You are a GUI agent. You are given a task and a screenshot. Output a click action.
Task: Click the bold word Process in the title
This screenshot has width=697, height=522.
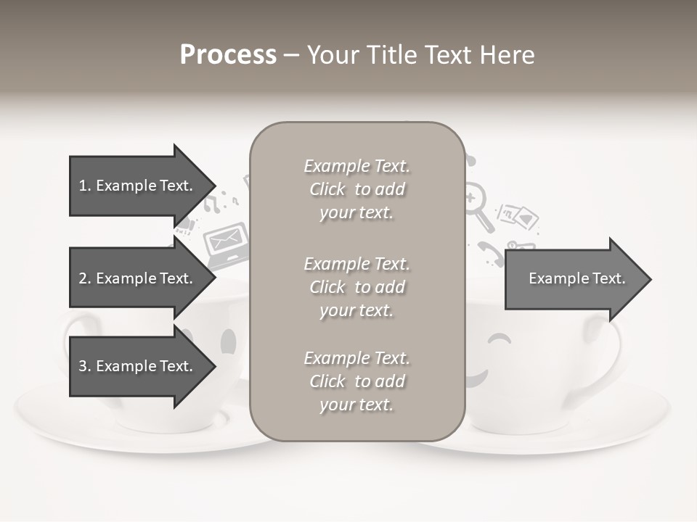coord(228,55)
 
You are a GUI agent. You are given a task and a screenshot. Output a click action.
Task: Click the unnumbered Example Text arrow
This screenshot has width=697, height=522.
coord(576,278)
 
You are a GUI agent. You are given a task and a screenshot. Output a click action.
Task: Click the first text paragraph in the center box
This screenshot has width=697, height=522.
coord(356,189)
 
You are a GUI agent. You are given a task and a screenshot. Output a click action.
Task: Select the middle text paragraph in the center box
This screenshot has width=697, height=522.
coord(356,287)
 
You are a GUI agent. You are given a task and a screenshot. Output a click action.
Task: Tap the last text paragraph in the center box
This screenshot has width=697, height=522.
coord(356,381)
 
